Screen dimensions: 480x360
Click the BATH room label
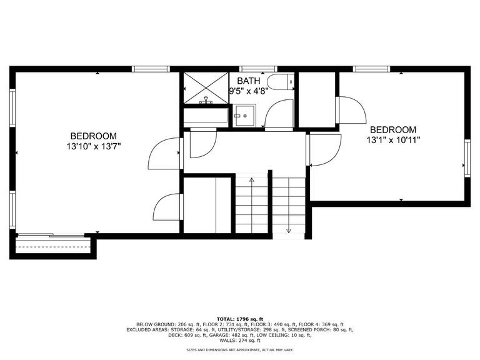(x=249, y=81)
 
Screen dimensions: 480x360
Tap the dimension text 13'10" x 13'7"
(x=94, y=146)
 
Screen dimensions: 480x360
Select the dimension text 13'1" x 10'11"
(x=393, y=140)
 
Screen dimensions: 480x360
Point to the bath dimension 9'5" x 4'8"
(x=249, y=91)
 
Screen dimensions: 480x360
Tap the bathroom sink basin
(x=244, y=116)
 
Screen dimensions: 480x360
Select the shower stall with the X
(x=206, y=88)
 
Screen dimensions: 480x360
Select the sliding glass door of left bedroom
(x=51, y=235)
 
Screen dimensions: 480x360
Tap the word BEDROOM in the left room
(x=94, y=136)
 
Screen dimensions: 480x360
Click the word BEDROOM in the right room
(x=393, y=129)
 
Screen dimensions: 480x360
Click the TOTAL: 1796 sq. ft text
(x=240, y=319)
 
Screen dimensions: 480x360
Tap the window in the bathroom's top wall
(x=258, y=69)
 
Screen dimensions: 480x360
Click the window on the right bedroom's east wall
(x=467, y=158)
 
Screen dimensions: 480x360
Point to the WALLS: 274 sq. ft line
(x=240, y=341)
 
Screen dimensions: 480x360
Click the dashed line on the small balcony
(x=53, y=247)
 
